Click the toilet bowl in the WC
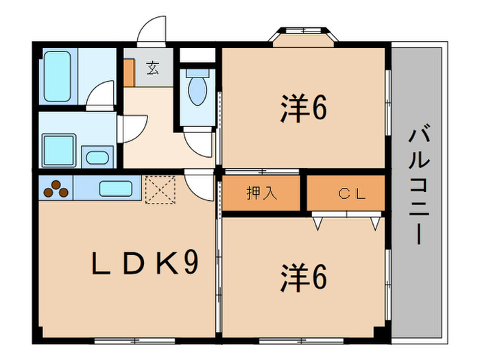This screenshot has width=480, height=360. tap(197, 91)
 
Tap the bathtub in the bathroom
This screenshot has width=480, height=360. tap(58, 77)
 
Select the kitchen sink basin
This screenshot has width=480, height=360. tap(116, 189)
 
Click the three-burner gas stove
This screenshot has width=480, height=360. tap(56, 189)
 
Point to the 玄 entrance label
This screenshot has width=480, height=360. tap(153, 68)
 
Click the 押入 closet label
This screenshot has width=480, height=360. tap(262, 193)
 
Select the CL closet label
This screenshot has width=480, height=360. tap(352, 193)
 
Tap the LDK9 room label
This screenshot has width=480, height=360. tap(145, 263)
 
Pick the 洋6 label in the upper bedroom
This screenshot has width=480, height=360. tap(304, 108)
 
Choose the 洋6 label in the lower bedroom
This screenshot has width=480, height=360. tap(304, 278)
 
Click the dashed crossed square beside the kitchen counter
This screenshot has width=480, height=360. tap(160, 189)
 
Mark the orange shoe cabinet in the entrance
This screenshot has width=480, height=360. tap(130, 73)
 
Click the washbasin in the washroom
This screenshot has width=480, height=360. tap(97, 157)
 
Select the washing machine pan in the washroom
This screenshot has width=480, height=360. tap(59, 150)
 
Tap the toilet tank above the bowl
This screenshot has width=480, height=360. tap(197, 73)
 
